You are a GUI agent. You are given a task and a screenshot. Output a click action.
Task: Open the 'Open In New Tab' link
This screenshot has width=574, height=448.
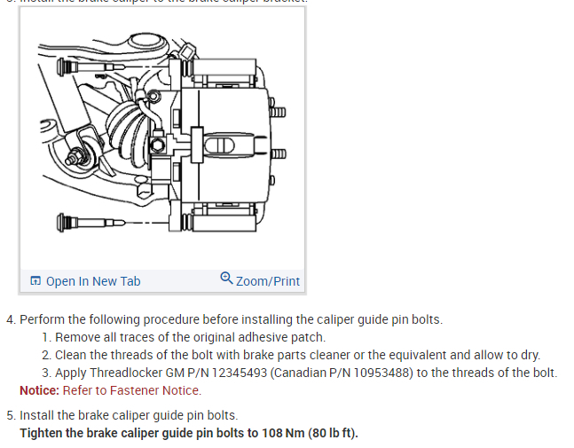click(92, 281)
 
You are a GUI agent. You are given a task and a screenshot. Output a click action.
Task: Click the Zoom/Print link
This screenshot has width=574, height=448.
click(268, 281)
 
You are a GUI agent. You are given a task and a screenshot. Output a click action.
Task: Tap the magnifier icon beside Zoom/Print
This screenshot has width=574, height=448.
click(227, 279)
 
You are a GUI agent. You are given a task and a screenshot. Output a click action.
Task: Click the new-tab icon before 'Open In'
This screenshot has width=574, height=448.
click(35, 281)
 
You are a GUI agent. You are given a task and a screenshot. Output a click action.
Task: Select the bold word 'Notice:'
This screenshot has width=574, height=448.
click(39, 390)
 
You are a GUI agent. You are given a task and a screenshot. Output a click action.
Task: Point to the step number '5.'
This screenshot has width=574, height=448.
click(11, 415)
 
